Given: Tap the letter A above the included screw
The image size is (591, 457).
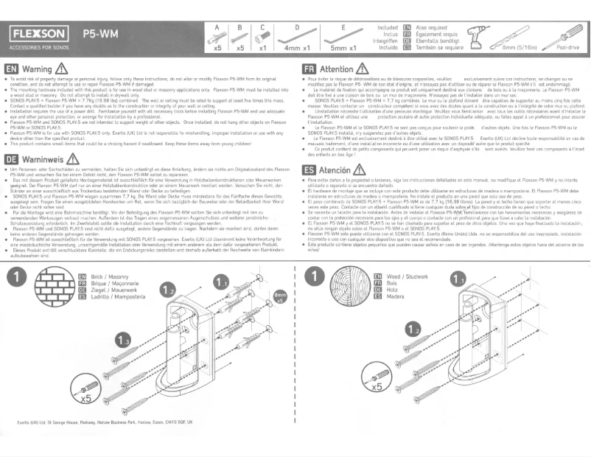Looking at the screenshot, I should [x=217, y=25].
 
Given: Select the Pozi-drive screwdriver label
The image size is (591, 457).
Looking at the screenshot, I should [x=570, y=48].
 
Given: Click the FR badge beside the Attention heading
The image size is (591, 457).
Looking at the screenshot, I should [x=309, y=71].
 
